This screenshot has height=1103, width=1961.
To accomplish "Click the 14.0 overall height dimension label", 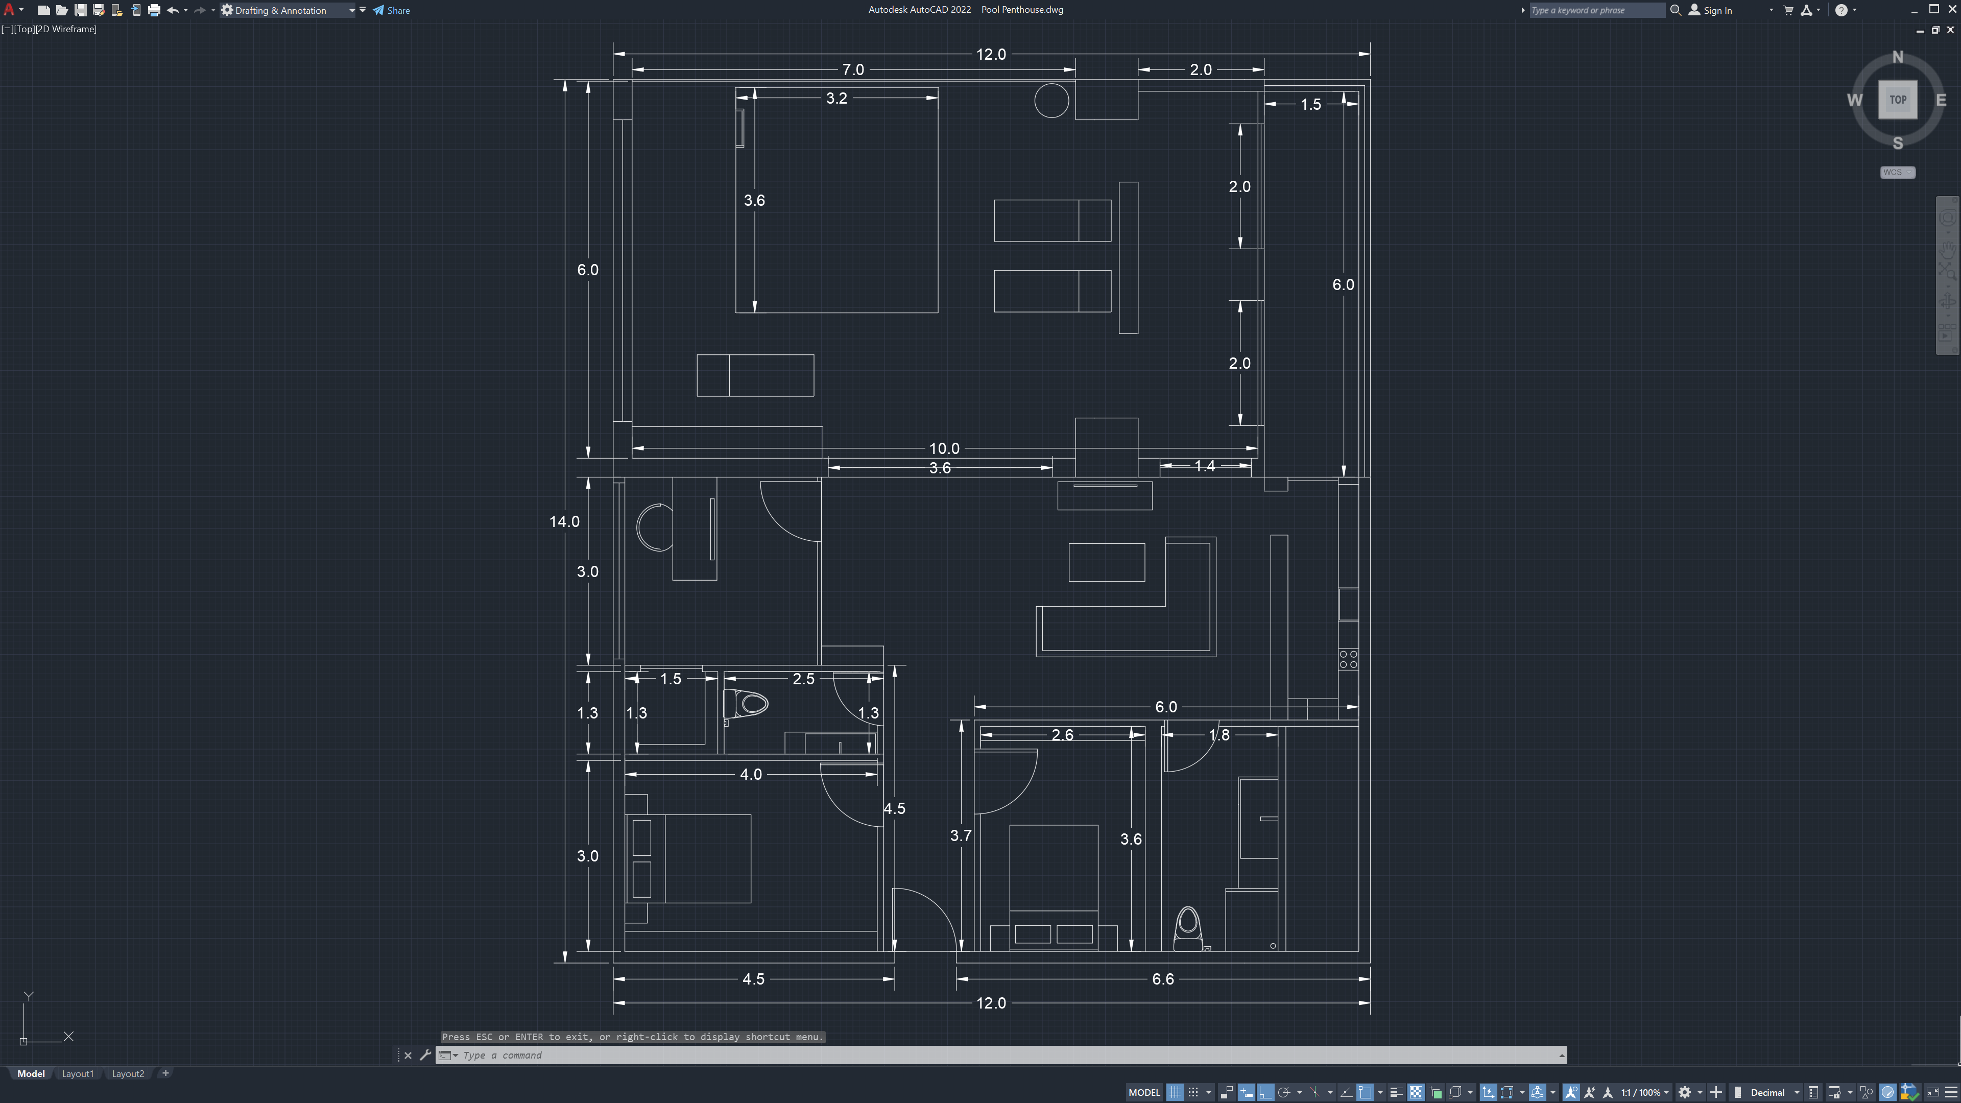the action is (564, 521).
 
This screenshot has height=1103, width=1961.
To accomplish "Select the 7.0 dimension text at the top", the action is (853, 70).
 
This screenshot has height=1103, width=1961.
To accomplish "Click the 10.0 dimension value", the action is (944, 448).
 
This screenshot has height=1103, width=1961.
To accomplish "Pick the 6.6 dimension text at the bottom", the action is (1162, 979).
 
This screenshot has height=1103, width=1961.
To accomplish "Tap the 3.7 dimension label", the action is (961, 836).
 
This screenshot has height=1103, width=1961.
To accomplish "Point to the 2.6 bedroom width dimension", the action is (1062, 735).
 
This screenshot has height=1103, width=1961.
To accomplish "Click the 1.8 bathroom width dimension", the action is (1219, 735).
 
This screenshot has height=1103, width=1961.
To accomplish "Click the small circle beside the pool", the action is (1051, 101).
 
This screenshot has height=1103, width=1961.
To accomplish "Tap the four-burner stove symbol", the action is (1348, 659).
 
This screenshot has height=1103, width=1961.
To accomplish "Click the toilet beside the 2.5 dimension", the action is (746, 704).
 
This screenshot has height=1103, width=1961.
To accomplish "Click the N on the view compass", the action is (1897, 57).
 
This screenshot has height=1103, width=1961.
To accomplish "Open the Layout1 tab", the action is (78, 1074).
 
